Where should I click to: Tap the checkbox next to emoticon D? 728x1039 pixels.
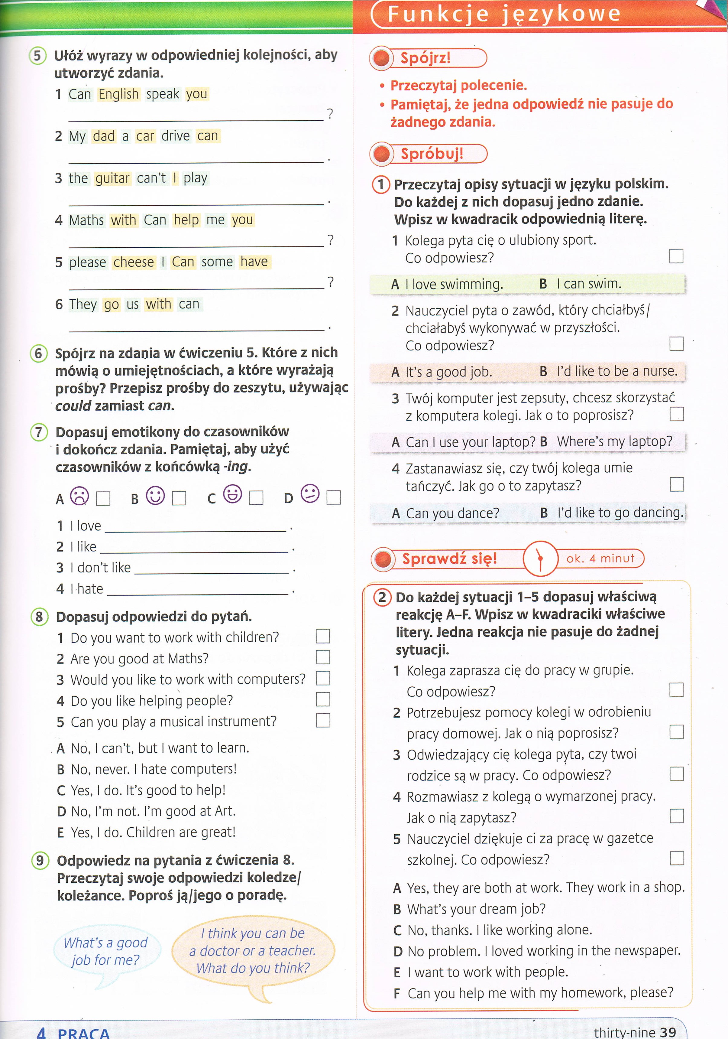(333, 498)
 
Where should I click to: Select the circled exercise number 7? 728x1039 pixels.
(39, 432)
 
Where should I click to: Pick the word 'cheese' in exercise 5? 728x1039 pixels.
(133, 262)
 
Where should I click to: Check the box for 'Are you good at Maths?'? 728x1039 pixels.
(323, 657)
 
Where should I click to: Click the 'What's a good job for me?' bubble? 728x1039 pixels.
(106, 951)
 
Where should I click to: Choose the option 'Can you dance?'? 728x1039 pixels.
(452, 513)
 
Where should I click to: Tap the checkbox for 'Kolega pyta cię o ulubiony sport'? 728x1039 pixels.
(676, 256)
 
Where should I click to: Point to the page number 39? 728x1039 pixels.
(668, 1032)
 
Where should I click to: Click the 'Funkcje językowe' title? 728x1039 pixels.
(504, 14)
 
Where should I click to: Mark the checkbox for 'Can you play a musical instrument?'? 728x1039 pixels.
(323, 720)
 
